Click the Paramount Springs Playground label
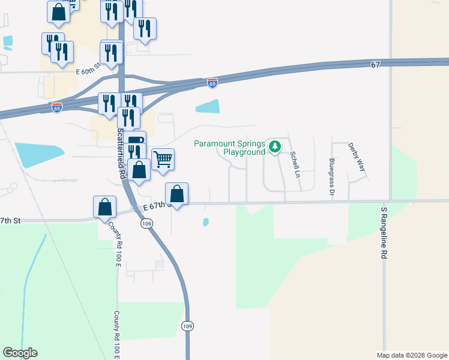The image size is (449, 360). [x=229, y=148]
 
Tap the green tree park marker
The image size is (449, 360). [x=274, y=146]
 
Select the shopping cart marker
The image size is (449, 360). [x=163, y=160]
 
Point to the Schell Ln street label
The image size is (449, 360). [x=295, y=164]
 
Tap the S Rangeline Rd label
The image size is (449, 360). [x=384, y=233]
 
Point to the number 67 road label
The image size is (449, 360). [x=376, y=64]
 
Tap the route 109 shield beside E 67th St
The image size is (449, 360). [x=147, y=223]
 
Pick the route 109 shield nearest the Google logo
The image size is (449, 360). [x=187, y=325]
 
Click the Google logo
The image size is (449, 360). [x=20, y=353]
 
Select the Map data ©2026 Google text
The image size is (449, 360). [x=412, y=355]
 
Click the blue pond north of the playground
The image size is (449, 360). [x=208, y=107]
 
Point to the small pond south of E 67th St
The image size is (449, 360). [x=206, y=222]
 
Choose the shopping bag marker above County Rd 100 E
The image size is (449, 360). [x=105, y=206]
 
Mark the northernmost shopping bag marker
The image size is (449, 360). [x=58, y=11]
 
